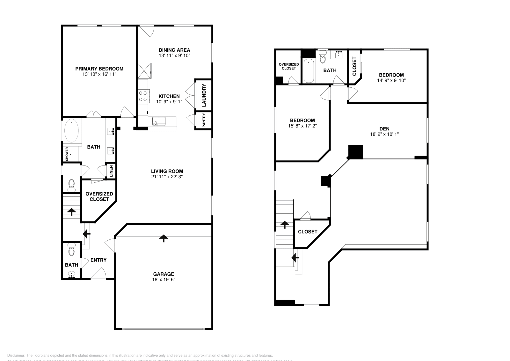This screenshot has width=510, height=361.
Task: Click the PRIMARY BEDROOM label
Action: click(99, 69)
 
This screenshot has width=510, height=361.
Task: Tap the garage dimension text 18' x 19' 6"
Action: click(164, 279)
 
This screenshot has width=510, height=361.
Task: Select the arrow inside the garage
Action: click(164, 238)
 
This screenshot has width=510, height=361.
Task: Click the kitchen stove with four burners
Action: click(143, 96)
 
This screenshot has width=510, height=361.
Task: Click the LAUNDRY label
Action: click(204, 95)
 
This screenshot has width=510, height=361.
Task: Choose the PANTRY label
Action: click(204, 120)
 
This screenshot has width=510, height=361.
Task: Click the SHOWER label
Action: click(67, 153)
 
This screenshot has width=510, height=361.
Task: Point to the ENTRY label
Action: click(98, 260)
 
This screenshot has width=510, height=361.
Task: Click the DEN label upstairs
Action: click(384, 129)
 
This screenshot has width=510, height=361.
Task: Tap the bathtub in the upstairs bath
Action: click(309, 71)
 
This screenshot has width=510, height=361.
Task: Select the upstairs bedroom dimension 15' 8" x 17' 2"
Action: click(302, 126)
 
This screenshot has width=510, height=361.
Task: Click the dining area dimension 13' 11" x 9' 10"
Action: click(174, 55)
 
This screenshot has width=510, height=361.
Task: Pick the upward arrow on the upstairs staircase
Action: click(284, 225)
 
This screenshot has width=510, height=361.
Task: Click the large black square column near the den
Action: click(355, 152)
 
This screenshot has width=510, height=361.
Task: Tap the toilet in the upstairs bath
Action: click(323, 58)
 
